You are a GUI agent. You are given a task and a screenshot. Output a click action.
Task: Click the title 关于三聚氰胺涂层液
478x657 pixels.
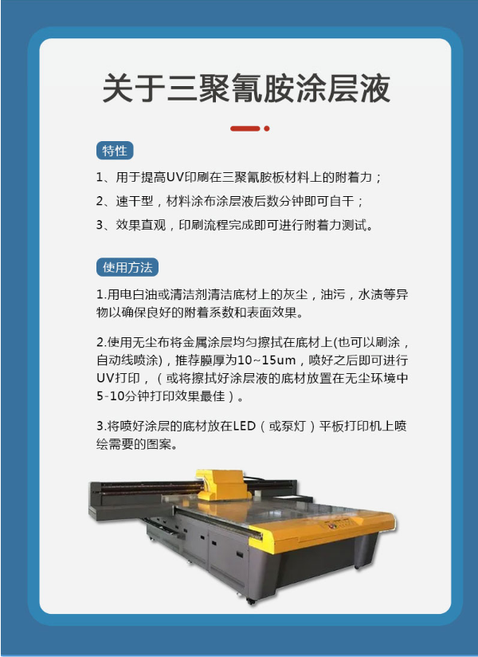tap(246, 89)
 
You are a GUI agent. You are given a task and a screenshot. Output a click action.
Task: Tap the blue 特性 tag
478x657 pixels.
tap(115, 151)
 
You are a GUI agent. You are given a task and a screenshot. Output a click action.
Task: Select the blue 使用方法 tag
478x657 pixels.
tap(127, 267)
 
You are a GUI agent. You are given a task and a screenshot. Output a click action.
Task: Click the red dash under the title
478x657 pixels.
tap(245, 128)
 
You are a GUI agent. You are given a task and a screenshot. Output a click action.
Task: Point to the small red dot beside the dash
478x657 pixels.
tap(267, 128)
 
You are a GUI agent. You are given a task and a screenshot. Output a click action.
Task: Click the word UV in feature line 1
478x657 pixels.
tap(174, 177)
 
